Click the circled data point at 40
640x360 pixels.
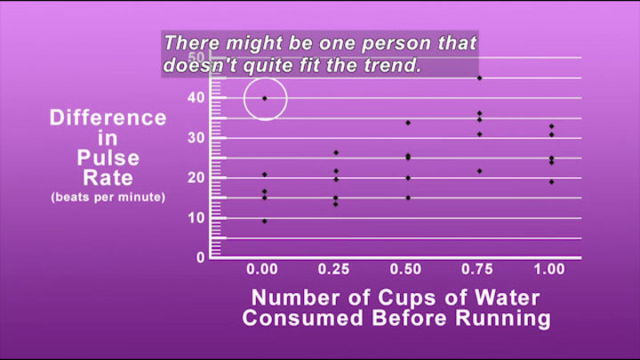265,98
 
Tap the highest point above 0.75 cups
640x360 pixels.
479,78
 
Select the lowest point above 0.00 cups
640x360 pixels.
265,222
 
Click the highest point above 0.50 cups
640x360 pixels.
408,123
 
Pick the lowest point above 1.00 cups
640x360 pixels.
551,182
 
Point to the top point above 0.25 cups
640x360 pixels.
336,153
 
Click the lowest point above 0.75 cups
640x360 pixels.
479,171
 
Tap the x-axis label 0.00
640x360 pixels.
262,270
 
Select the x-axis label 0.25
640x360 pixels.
334,270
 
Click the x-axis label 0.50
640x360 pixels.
406,270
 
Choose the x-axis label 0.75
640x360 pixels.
477,270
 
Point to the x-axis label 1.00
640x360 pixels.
550,270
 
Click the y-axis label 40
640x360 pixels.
196,98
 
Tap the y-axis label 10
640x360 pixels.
196,218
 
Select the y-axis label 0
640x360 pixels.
201,258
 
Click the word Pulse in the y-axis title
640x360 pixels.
108,158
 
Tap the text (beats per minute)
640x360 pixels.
108,197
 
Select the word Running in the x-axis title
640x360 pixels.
503,318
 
